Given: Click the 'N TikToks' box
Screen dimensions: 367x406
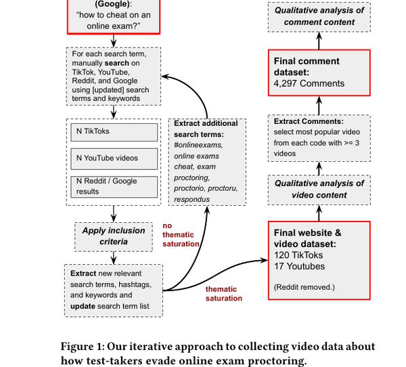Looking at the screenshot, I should pos(114,131).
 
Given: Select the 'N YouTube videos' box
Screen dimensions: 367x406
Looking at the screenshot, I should pos(114,158).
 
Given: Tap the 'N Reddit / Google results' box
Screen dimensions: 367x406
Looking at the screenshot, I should pos(114,186).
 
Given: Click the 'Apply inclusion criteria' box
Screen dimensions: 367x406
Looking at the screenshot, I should pos(114,236).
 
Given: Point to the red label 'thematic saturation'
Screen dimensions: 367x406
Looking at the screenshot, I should pos(224,293).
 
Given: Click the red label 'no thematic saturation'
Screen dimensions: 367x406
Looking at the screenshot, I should pos(181,235).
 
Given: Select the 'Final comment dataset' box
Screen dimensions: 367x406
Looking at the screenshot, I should pos(319,72).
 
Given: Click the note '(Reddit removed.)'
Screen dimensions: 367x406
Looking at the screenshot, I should pos(304,286).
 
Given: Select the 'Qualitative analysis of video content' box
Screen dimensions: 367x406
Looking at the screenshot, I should pos(319,189).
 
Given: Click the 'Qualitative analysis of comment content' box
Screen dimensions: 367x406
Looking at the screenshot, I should pos(319,16).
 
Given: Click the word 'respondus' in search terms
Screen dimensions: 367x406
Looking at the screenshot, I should pos(192,199).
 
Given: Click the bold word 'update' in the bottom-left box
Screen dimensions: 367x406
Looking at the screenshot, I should pos(84,306).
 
